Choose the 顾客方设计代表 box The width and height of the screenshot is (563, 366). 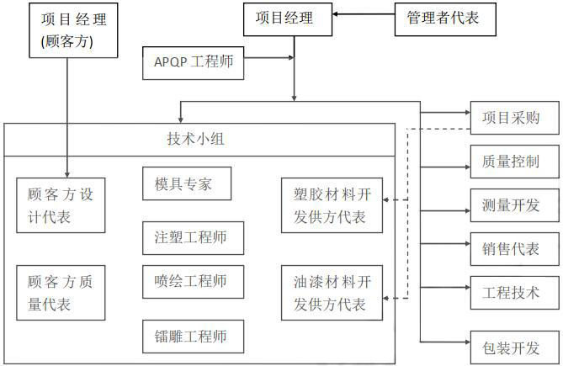[61, 205]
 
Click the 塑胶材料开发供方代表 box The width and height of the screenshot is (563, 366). [331, 205]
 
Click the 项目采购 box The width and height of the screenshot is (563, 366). [513, 119]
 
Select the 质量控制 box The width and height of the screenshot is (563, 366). [513, 161]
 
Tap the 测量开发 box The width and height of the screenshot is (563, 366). [513, 204]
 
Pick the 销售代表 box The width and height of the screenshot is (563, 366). [513, 248]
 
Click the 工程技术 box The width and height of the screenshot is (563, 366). [513, 292]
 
